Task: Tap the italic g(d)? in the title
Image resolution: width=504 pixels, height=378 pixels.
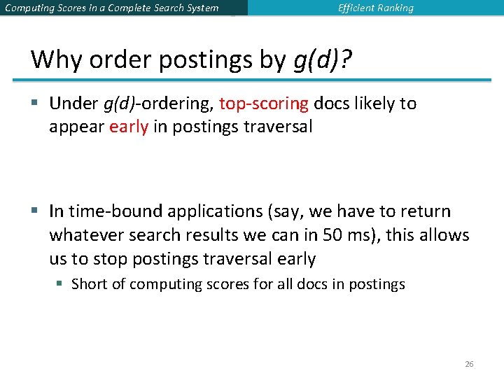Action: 323,60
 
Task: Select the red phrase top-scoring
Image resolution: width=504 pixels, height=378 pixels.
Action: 264,104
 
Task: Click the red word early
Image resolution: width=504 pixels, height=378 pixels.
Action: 129,127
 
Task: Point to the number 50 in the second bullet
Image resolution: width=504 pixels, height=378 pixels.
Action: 333,235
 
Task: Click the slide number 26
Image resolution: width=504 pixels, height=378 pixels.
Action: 469,364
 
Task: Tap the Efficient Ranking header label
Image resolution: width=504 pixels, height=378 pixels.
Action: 375,8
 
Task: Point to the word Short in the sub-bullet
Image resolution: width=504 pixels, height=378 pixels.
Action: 89,284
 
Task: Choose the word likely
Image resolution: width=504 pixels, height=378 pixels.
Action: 375,104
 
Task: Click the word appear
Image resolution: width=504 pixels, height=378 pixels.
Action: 76,127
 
